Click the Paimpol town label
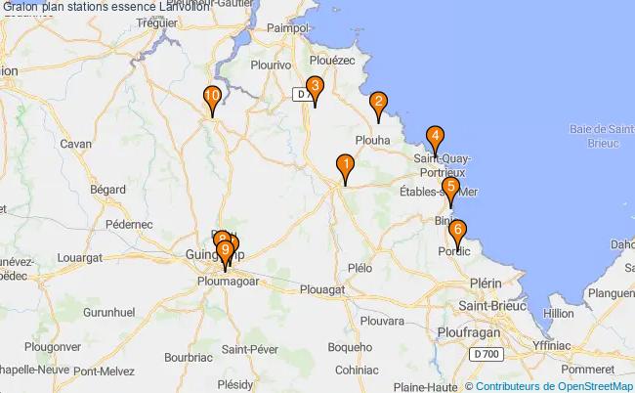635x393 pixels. [287, 29]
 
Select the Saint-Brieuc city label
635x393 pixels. [489, 306]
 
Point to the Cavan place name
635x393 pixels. [75, 144]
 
